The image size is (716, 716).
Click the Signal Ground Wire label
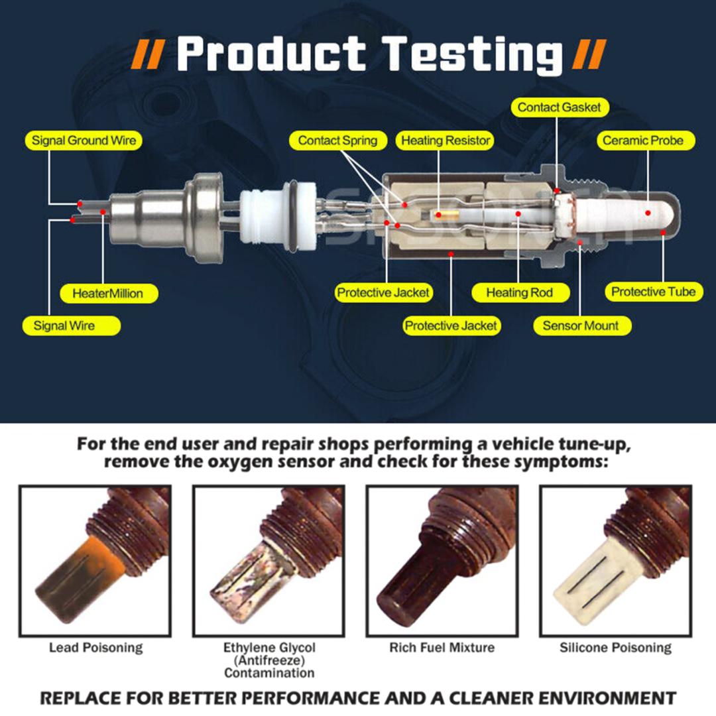tap(84, 141)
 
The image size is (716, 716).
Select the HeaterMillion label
tap(107, 293)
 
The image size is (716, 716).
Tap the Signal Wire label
tap(64, 326)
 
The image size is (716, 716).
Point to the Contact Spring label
tap(337, 141)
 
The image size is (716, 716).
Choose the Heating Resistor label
tap(446, 141)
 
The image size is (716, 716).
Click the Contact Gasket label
tap(559, 107)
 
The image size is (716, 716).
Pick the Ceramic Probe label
tap(648, 141)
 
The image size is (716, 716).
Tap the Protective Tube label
tap(653, 292)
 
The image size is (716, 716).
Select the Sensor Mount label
tap(580, 326)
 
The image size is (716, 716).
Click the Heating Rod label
tap(519, 292)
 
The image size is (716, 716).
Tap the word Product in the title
tap(271, 54)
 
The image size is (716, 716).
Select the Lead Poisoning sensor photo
tap(95, 561)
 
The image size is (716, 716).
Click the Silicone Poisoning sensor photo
tap(615, 561)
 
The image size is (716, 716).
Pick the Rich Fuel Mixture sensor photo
tap(442, 561)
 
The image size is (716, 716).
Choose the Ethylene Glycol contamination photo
tap(268, 561)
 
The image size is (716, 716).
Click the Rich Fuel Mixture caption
tap(442, 648)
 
